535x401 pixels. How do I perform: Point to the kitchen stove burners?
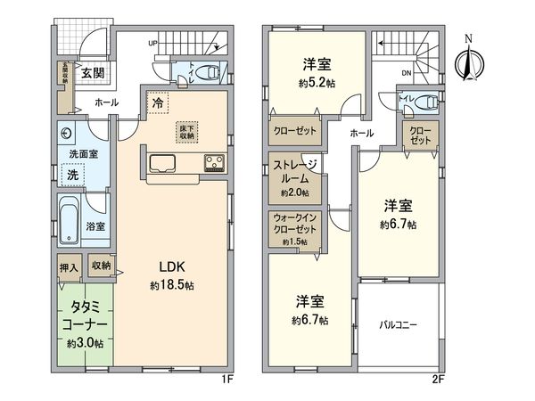tap(216, 162)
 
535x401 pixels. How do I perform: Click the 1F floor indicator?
tap(226, 379)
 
